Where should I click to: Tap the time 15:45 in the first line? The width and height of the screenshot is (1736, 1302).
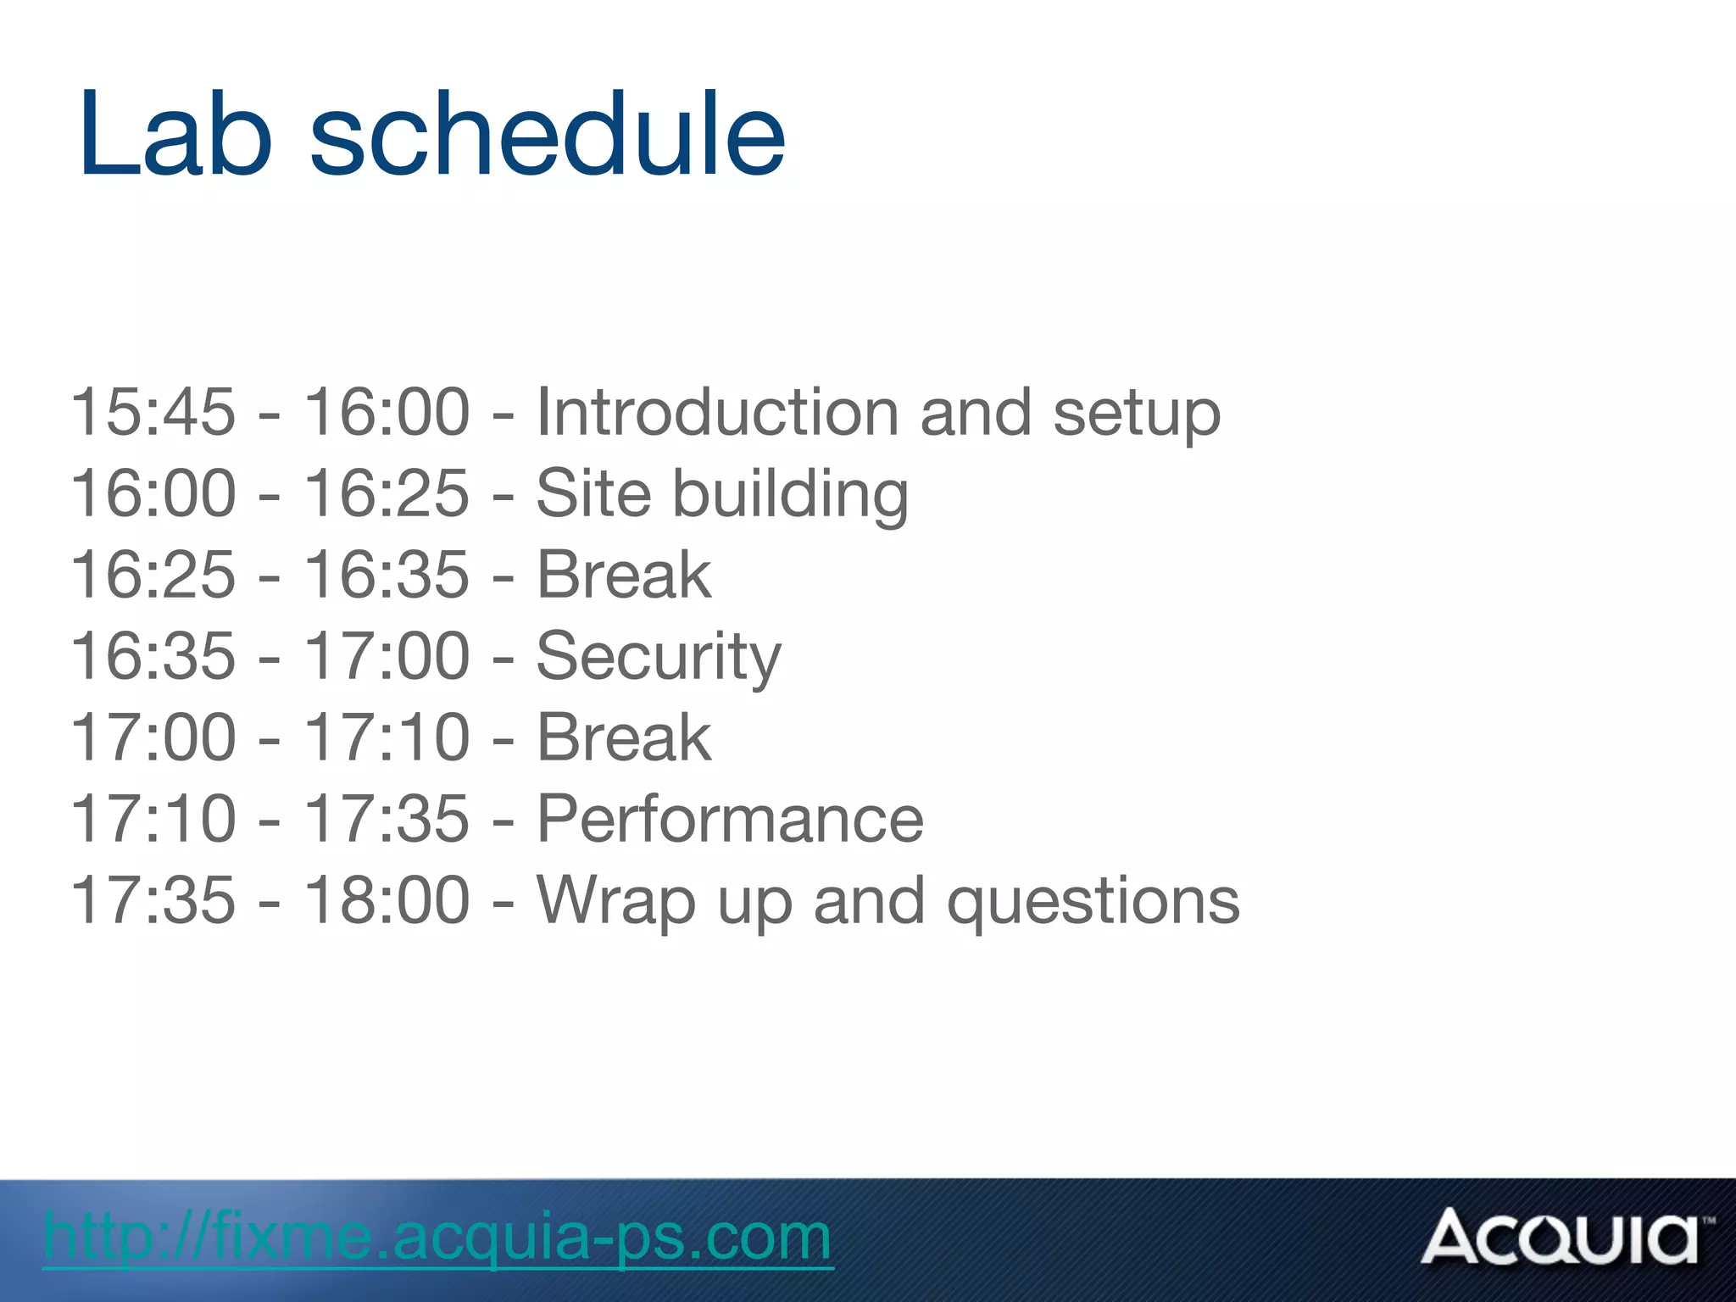153,412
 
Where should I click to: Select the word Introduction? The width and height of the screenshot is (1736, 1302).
716,412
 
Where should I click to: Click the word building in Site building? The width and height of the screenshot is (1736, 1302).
790,494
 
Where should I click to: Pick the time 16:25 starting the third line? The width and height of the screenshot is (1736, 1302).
153,575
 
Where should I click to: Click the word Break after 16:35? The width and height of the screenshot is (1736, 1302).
624,575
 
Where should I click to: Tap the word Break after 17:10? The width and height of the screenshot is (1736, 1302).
624,737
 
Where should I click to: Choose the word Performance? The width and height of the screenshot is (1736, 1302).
730,819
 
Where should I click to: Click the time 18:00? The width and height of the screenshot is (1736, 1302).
387,900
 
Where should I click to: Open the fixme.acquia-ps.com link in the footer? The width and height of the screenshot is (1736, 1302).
437,1237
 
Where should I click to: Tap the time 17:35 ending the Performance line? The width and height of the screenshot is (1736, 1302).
387,819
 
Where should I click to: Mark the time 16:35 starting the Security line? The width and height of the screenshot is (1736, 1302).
153,656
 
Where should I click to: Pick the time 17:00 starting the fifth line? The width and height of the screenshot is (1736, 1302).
153,737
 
